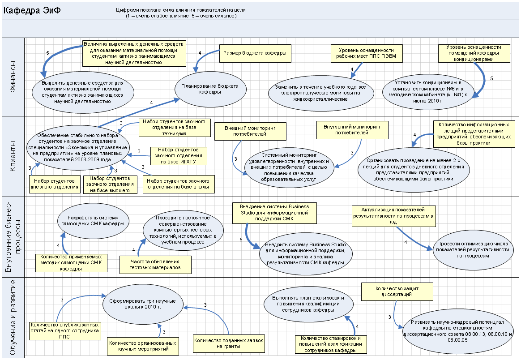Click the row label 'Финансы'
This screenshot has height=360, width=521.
point(13,77)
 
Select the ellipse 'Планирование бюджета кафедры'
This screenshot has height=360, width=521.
point(213,89)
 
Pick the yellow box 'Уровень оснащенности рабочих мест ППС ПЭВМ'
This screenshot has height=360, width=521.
point(366,53)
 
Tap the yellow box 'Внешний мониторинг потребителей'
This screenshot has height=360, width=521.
point(250,131)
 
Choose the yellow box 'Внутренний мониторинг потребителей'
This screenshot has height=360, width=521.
point(352,130)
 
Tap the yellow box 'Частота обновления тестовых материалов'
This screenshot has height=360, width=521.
point(155,265)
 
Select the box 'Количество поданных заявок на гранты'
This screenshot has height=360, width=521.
point(228,343)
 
